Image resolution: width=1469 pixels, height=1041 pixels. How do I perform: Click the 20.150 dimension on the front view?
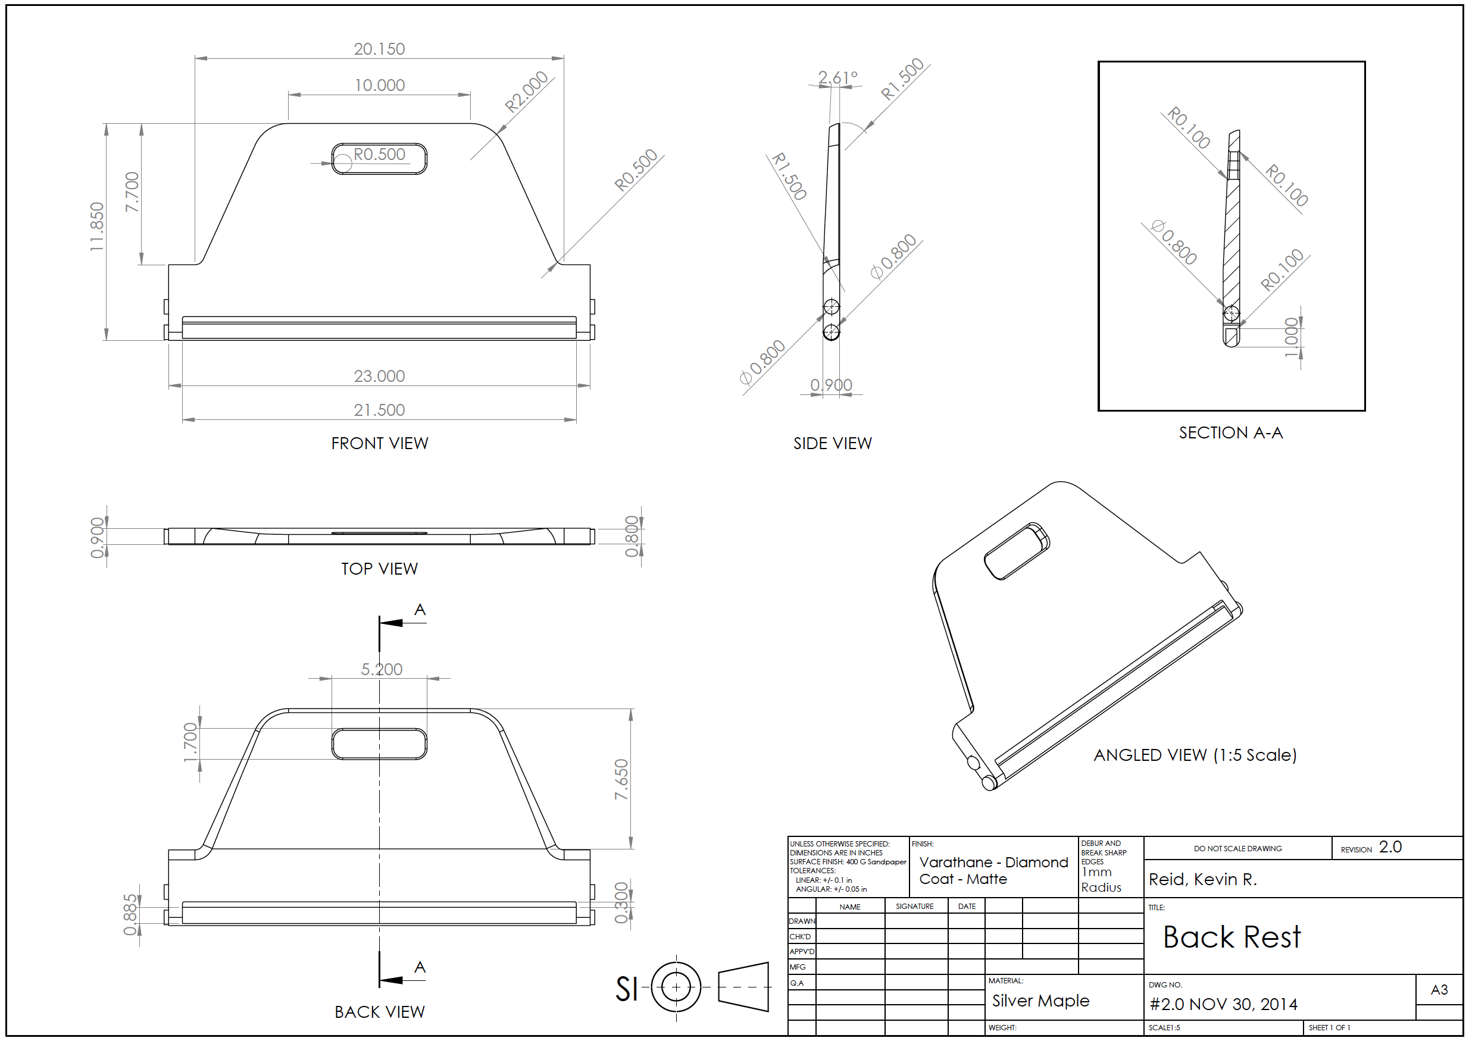379,49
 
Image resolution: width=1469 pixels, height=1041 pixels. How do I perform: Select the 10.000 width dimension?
380,85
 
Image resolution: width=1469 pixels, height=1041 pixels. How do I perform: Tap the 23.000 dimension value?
379,377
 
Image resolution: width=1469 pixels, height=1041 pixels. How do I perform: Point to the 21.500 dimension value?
379,410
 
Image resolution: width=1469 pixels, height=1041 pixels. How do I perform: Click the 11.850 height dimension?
97,227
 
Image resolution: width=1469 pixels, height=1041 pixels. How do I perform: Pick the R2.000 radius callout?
526,92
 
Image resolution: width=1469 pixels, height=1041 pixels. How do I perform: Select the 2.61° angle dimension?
838,78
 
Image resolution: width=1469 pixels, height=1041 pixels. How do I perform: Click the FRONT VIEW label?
380,444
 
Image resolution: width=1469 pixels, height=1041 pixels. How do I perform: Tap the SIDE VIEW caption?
832,444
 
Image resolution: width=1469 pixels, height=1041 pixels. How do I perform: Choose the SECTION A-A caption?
1231,433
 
